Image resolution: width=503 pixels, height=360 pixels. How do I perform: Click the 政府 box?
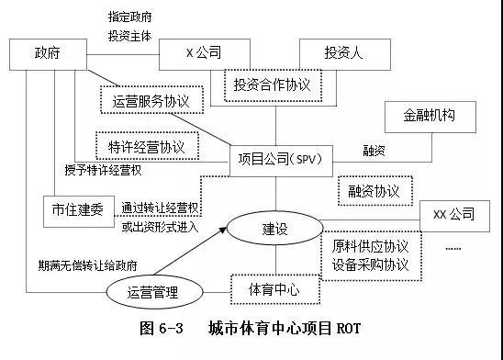47,54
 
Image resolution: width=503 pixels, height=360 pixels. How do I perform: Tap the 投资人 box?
342,54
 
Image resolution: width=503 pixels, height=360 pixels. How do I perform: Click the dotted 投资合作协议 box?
273,84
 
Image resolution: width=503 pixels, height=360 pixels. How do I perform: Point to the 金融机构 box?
429,117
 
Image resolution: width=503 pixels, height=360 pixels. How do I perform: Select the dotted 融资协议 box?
374,191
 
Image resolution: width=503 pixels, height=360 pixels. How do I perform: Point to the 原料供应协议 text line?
371,247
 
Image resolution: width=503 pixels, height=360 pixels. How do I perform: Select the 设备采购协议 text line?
371,265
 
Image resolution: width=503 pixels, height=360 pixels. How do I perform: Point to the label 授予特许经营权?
103,170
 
